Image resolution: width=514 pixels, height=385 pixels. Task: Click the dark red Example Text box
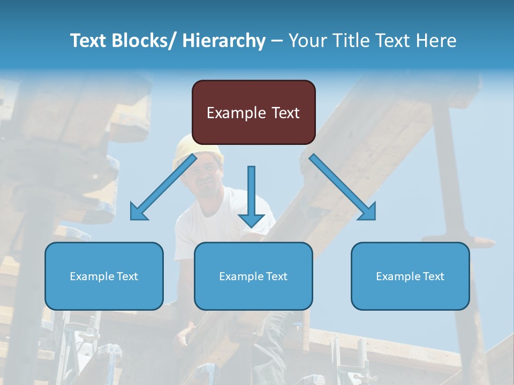click(253, 112)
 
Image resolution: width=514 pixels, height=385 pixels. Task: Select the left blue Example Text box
click(104, 276)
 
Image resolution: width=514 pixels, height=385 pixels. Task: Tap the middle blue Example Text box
click(253, 276)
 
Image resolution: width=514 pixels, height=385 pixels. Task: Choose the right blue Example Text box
click(410, 276)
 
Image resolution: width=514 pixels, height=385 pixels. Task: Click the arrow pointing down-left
click(163, 187)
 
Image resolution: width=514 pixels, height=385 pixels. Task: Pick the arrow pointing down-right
click(343, 187)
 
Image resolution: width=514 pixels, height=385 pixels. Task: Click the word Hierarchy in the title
click(224, 41)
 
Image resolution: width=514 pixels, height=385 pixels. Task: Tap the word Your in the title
click(307, 41)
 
